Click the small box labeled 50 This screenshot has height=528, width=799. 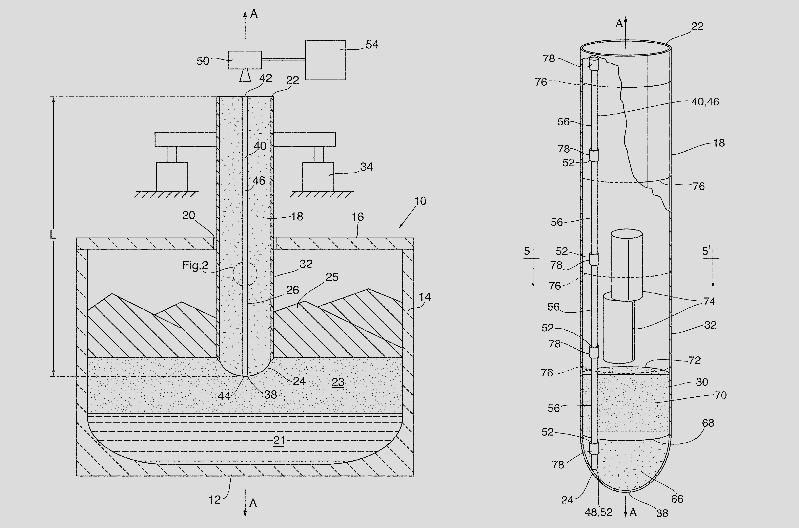point(245,60)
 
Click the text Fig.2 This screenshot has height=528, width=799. point(196,265)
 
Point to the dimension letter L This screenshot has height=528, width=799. point(53,235)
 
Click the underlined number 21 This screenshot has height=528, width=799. point(279,440)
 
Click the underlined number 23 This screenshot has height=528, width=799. point(338,382)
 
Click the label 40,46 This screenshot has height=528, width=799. point(705,102)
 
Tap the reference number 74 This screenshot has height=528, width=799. point(709,301)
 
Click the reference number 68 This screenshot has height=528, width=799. point(708,423)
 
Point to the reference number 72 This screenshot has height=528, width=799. point(695,360)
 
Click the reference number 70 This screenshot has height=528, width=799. point(720,395)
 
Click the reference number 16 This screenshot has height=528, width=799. point(357,217)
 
